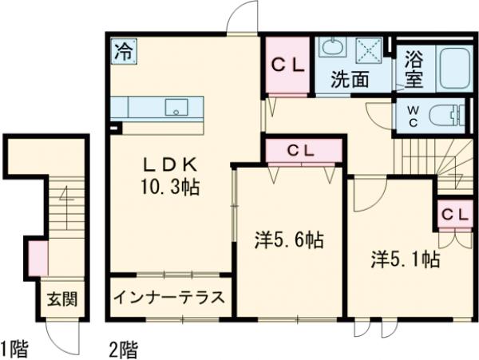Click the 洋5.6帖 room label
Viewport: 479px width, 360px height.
click(x=289, y=239)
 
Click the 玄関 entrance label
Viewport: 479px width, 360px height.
click(x=61, y=300)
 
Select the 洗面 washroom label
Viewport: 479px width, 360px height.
click(x=350, y=79)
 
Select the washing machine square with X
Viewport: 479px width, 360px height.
click(x=370, y=49)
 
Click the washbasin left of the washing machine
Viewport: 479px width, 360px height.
click(x=330, y=48)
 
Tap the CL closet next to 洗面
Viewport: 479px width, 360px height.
click(x=288, y=67)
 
